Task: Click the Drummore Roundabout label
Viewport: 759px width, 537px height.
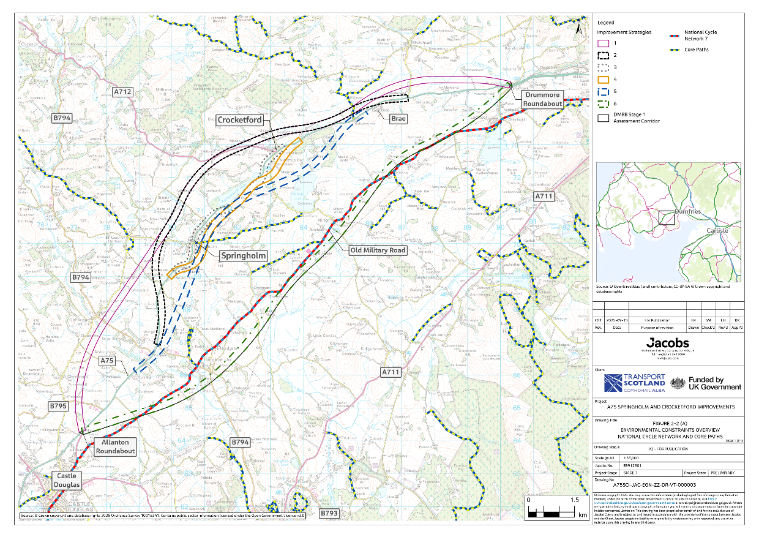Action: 542,99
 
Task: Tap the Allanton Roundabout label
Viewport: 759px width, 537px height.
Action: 114,446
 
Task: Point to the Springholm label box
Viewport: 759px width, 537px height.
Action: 242,257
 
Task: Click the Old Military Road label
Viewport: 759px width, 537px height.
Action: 377,250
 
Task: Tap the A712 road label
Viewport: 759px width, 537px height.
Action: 123,91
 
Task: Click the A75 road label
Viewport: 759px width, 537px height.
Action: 108,361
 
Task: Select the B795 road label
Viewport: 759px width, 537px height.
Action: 59,406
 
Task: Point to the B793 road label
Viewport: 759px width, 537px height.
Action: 329,514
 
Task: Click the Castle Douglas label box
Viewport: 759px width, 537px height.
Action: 65,480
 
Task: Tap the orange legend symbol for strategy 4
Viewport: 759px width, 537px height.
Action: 604,80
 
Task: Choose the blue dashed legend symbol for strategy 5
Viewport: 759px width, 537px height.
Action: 604,92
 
